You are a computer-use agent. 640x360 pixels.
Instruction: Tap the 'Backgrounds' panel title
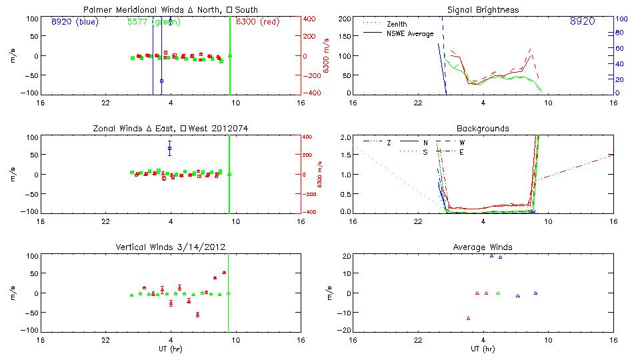click(x=483, y=129)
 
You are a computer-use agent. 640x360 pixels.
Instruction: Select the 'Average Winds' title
click(x=483, y=247)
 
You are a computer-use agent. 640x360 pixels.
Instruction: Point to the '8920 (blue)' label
click(x=74, y=21)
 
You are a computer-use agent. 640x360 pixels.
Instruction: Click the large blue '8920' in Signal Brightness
click(x=582, y=22)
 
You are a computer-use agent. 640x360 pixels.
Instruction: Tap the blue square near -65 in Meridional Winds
click(x=161, y=81)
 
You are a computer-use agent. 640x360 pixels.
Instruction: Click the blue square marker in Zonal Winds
click(x=170, y=148)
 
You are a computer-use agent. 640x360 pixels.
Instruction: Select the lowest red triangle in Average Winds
click(x=468, y=318)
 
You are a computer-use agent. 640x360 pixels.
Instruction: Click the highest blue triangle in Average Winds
click(x=492, y=255)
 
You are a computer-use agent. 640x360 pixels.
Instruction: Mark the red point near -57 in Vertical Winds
click(x=197, y=315)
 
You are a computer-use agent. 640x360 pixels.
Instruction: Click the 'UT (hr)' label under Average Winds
click(x=483, y=349)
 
